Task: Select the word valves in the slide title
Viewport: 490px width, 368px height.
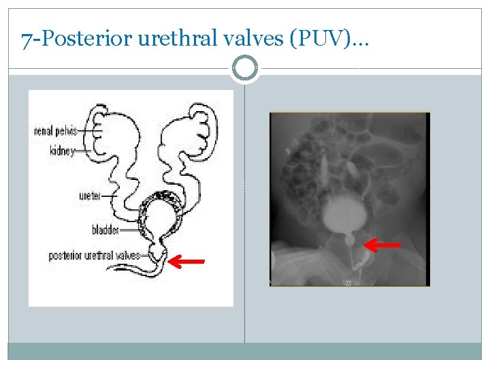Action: (x=255, y=41)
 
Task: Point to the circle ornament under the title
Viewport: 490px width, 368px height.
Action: (x=245, y=68)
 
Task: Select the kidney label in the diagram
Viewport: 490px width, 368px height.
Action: (x=62, y=151)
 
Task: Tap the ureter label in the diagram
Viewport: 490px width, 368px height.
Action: (x=90, y=196)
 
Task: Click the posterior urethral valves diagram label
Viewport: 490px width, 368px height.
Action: (x=94, y=256)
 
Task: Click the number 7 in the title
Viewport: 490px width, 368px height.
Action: (x=25, y=41)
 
